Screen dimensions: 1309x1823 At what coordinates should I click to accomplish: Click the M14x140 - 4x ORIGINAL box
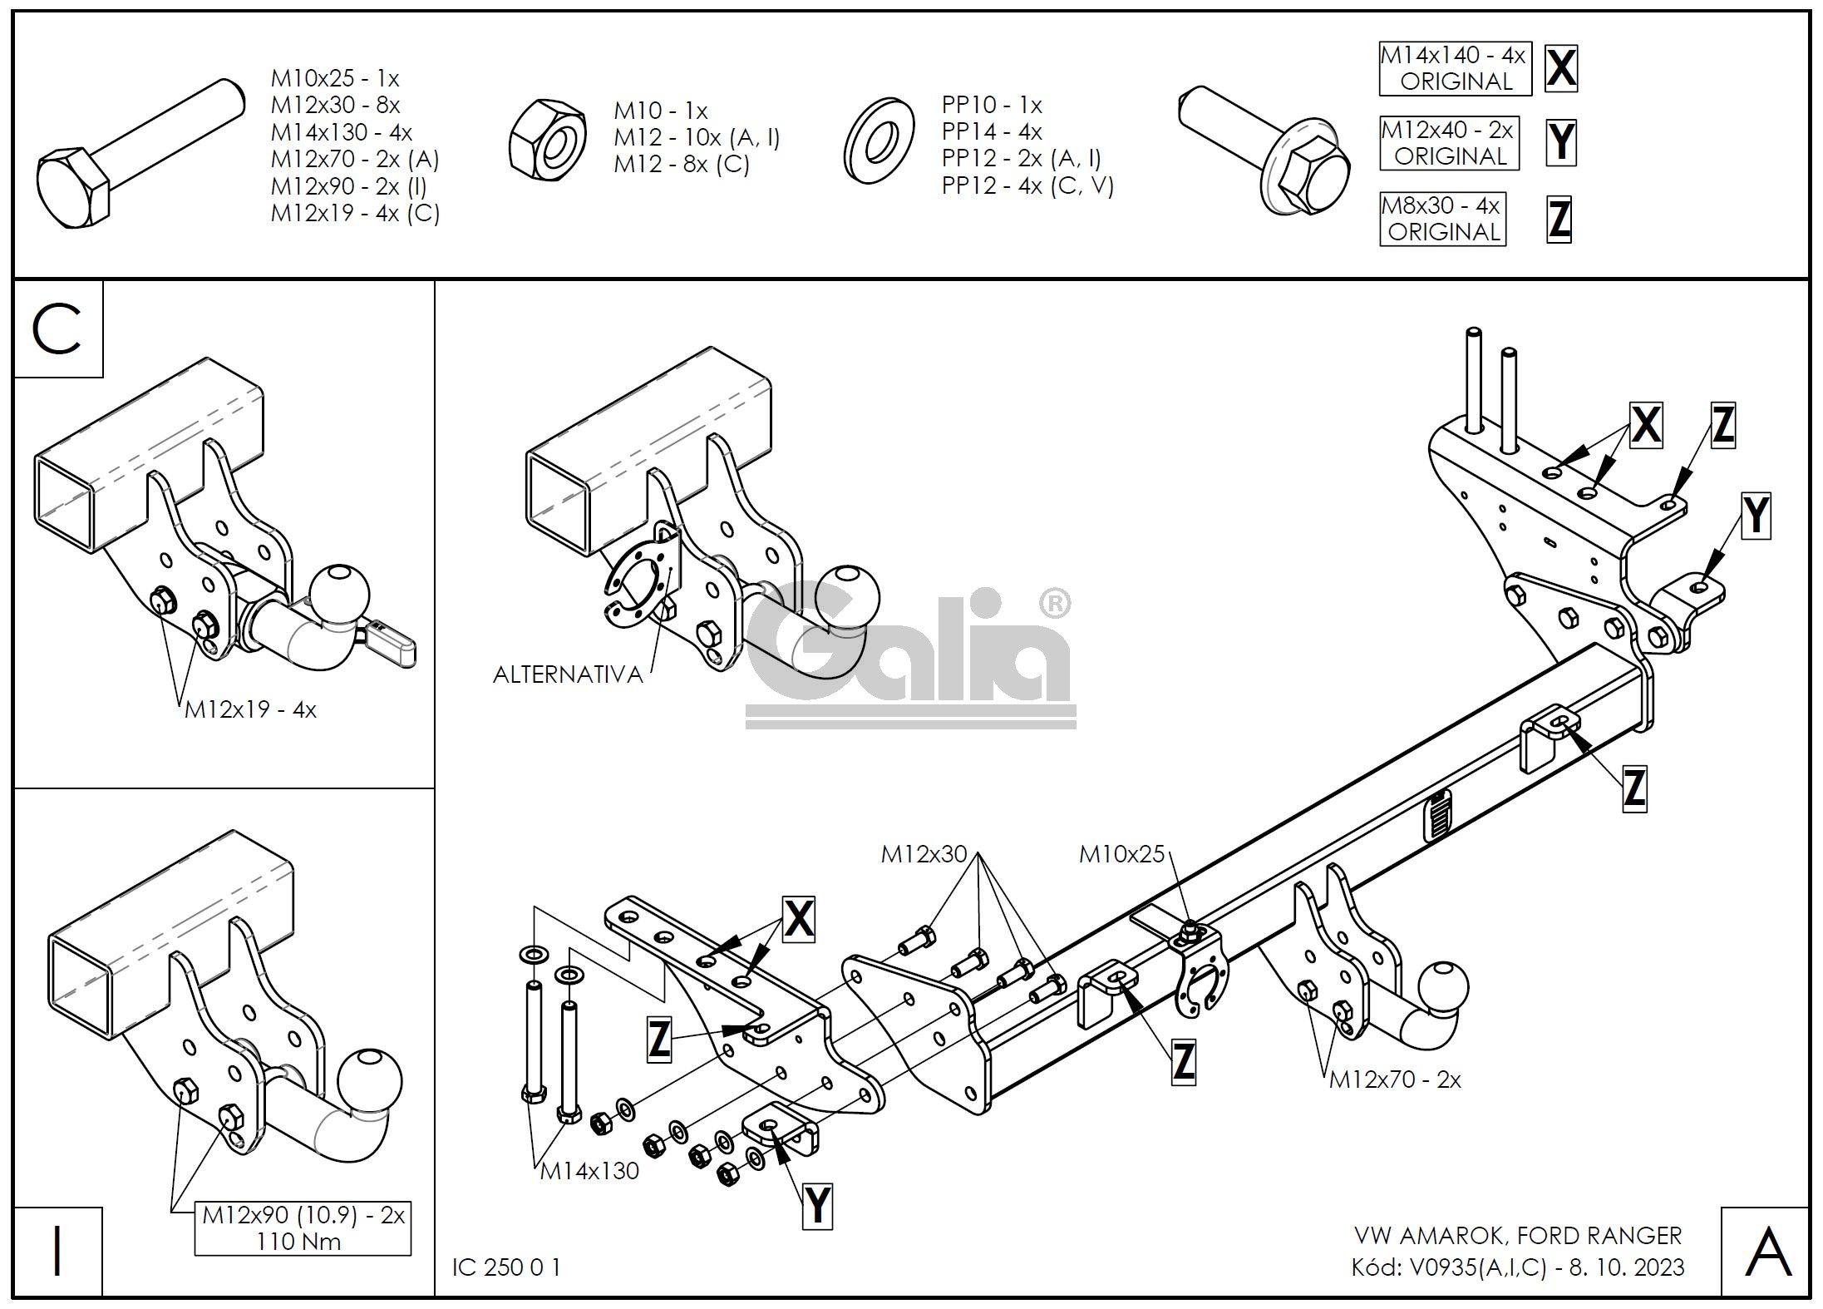tap(1454, 68)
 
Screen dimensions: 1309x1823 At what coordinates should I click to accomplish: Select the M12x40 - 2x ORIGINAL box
tap(1448, 143)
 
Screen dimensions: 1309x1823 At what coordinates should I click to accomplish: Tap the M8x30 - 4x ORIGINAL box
tap(1443, 219)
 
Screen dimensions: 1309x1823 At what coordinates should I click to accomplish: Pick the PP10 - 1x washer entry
tap(991, 105)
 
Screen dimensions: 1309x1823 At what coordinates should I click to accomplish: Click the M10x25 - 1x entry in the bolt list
tap(335, 78)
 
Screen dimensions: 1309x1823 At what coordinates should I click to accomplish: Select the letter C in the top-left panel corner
tap(57, 329)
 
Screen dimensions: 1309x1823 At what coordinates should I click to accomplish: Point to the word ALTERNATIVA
tap(568, 674)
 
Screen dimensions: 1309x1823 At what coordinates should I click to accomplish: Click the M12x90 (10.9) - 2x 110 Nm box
tap(303, 1227)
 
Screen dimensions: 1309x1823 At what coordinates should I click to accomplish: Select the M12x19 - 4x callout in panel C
tap(250, 709)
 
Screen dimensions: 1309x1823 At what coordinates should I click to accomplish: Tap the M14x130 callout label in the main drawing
tap(589, 1171)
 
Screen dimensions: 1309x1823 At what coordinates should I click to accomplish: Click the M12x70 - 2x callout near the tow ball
tap(1395, 1079)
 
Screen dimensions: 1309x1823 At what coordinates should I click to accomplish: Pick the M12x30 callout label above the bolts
tap(924, 853)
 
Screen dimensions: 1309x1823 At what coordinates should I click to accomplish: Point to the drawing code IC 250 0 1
tap(506, 1267)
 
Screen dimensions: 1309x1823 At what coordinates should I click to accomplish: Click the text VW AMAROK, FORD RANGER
tap(1518, 1235)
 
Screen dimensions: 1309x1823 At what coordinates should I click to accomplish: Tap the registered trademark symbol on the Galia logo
tap(1055, 605)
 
